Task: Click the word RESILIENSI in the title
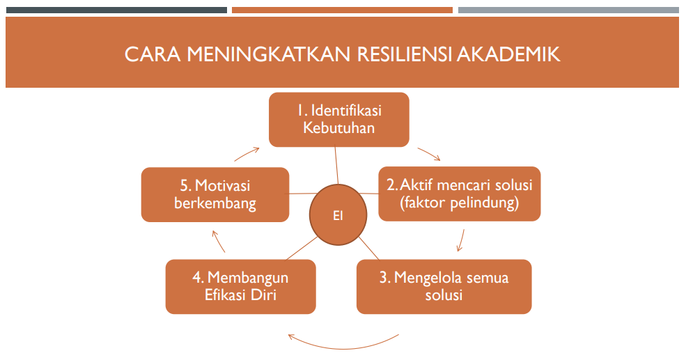[x=405, y=54]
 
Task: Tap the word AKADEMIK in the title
[x=508, y=54]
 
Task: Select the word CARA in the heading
[x=153, y=54]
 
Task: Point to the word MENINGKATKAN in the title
[x=269, y=54]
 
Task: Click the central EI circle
[x=338, y=214]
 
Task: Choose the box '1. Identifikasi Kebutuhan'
[x=339, y=119]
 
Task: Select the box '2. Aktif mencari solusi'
[x=460, y=194]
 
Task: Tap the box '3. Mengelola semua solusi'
[x=444, y=286]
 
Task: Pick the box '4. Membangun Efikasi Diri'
[x=241, y=286]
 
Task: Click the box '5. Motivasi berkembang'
[x=215, y=195]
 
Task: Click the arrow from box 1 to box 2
[x=429, y=154]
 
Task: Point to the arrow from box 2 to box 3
[x=461, y=240]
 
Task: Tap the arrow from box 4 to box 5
[x=218, y=242]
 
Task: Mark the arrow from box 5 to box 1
[x=247, y=154]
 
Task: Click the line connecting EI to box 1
[x=337, y=165]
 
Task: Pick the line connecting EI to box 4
[x=302, y=249]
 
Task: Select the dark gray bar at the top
[x=116, y=10]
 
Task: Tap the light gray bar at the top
[x=568, y=10]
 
